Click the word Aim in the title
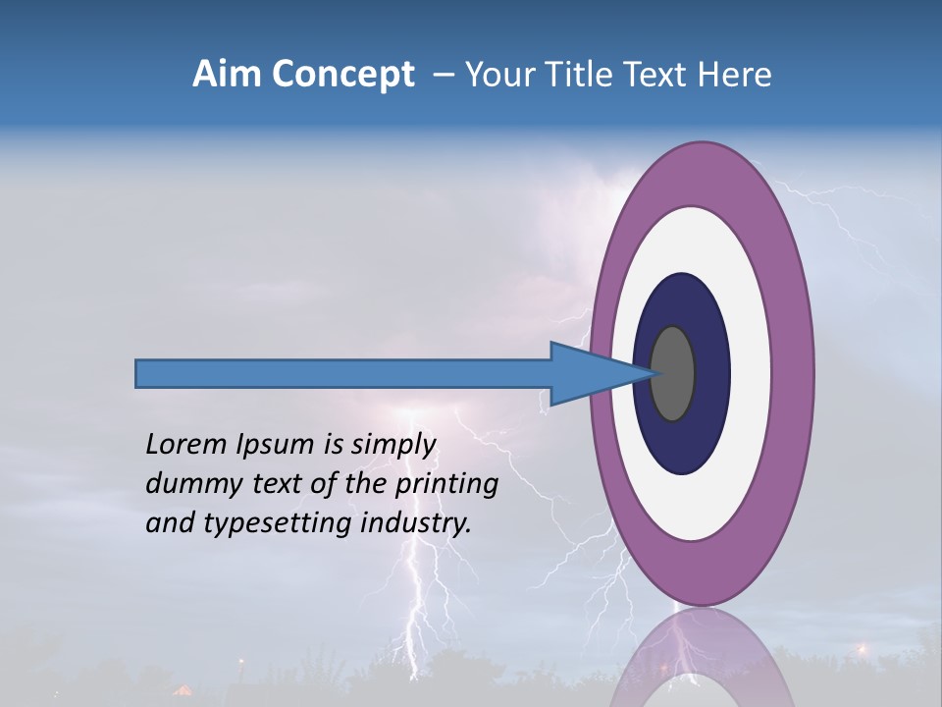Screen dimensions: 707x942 (226, 75)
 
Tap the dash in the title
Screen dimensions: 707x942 (444, 75)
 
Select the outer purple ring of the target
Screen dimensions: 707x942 (795, 373)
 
